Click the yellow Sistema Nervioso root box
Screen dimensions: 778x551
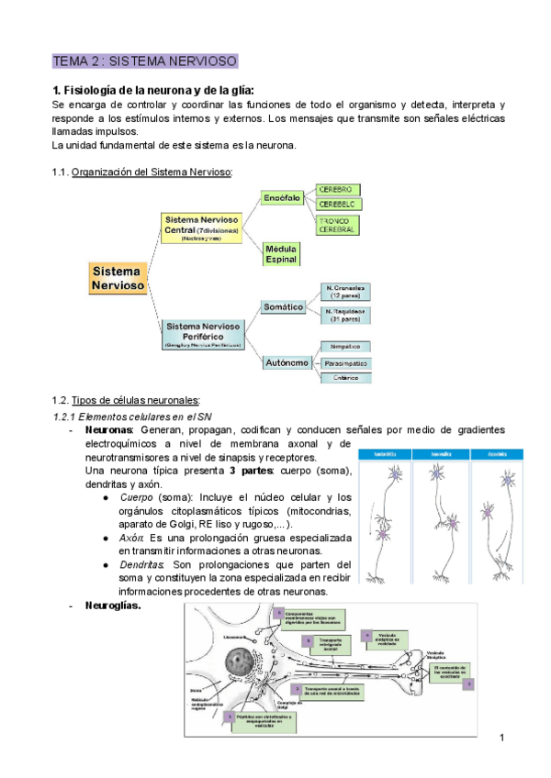117,278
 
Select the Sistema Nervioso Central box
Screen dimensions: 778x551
201,227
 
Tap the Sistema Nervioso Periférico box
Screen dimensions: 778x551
203,333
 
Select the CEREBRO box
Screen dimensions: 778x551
337,189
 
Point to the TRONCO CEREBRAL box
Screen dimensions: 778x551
337,225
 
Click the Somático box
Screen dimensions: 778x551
283,306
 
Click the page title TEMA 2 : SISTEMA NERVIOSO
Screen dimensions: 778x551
145,61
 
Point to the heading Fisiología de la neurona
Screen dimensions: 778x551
153,90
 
